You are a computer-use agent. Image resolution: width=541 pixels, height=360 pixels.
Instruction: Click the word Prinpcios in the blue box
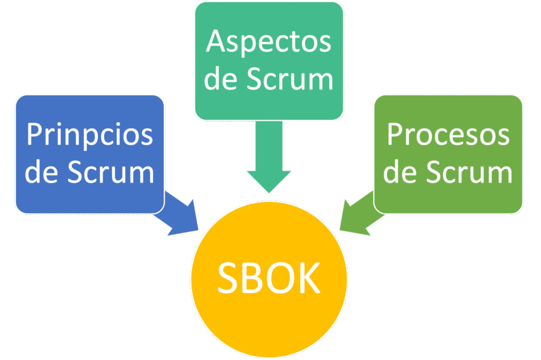pyautogui.click(x=90, y=135)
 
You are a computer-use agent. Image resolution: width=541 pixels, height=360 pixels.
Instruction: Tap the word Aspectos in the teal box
pyautogui.click(x=269, y=42)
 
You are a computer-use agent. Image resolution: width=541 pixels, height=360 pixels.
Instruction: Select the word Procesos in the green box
pyautogui.click(x=448, y=135)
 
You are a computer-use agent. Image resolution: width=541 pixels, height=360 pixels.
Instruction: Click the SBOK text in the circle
pyautogui.click(x=269, y=278)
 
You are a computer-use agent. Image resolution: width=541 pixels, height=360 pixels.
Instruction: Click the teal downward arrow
pyautogui.click(x=269, y=158)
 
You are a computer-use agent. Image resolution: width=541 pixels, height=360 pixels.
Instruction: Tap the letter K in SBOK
pyautogui.click(x=308, y=278)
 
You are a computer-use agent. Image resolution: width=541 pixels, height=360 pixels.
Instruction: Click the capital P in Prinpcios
pyautogui.click(x=34, y=135)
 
